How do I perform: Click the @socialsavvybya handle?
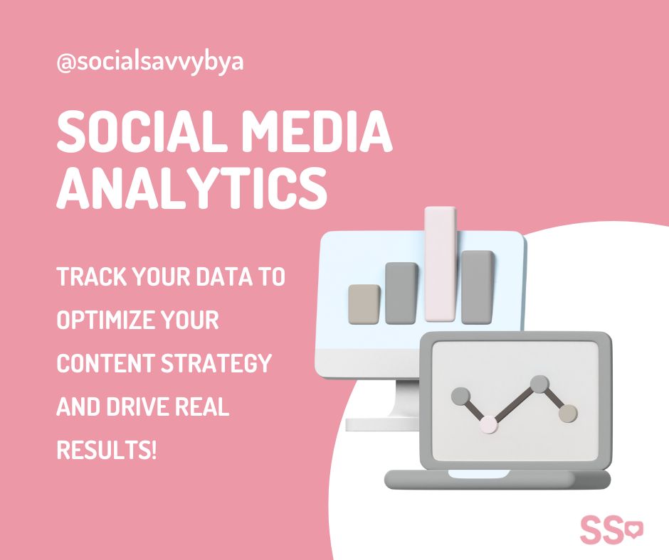click(x=149, y=63)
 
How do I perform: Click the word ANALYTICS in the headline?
click(x=192, y=188)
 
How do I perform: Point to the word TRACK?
click(x=91, y=276)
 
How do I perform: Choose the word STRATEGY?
click(x=216, y=364)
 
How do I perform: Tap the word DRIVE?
click(x=137, y=407)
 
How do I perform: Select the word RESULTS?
click(x=107, y=450)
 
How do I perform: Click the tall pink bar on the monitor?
click(x=441, y=264)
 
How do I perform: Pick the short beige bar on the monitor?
click(x=364, y=304)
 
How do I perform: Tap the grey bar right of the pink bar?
click(x=478, y=287)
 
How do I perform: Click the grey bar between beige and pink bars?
click(x=401, y=294)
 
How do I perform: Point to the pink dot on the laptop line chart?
click(x=489, y=424)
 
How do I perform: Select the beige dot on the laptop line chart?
click(x=568, y=414)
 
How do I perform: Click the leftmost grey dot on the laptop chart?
click(x=460, y=397)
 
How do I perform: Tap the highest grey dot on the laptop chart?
click(x=539, y=384)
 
